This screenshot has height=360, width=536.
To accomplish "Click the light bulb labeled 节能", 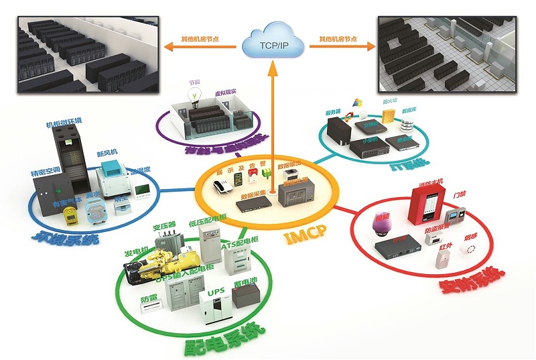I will [196, 95].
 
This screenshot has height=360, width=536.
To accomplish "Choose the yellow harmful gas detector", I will [69, 216].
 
